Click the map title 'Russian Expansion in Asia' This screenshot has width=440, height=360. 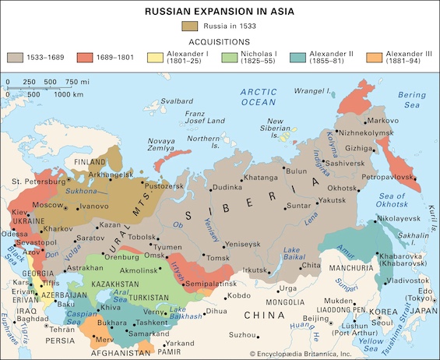[220, 11]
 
